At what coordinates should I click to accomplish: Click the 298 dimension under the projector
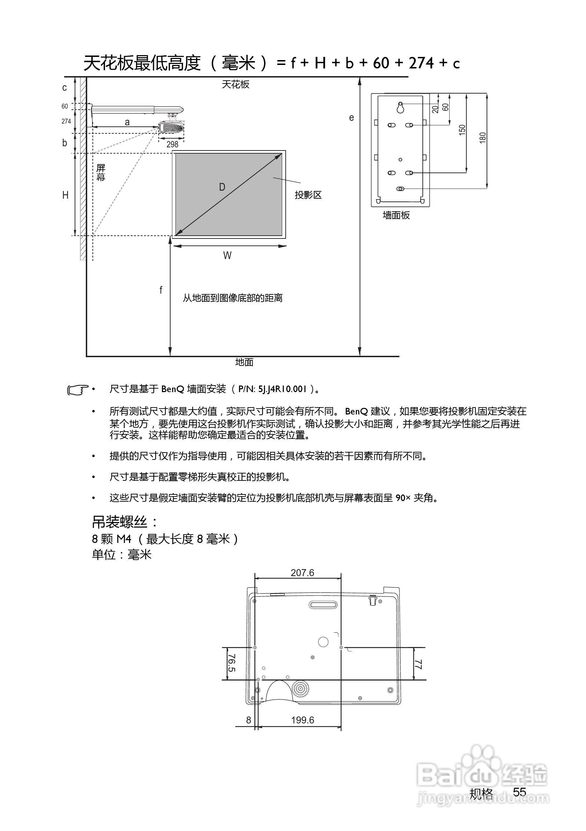(x=172, y=144)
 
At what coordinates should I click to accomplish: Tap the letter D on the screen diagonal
(x=222, y=187)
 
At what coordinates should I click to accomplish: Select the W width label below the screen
(x=227, y=256)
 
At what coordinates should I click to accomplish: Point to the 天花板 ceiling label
(x=235, y=84)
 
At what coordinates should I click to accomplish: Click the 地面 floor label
(x=245, y=362)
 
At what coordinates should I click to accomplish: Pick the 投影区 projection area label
(x=308, y=195)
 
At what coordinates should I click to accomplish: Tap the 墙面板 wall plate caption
(x=396, y=215)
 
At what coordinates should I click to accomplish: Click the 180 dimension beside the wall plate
(x=483, y=138)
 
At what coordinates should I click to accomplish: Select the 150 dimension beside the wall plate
(x=462, y=130)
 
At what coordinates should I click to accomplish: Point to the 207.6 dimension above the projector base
(x=302, y=573)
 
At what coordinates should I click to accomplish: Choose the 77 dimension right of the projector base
(x=418, y=664)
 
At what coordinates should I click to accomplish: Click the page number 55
(x=519, y=792)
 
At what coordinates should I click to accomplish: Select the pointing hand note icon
(x=77, y=390)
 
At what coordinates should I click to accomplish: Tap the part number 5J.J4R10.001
(x=282, y=389)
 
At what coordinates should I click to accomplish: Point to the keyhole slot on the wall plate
(x=400, y=108)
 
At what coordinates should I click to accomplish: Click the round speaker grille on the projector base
(x=300, y=689)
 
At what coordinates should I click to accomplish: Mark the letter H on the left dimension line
(x=66, y=196)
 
